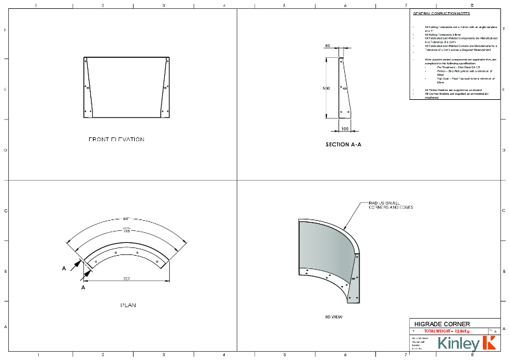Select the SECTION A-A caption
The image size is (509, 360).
(x=344, y=145)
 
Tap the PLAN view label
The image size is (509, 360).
(x=128, y=305)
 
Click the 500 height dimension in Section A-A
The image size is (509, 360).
(x=326, y=88)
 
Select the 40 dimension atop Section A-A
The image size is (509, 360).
(x=327, y=46)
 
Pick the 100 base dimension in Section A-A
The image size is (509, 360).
(x=344, y=128)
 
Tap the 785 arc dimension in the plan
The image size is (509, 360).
(x=127, y=231)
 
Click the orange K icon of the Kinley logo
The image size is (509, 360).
(x=489, y=343)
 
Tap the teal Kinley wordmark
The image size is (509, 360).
(x=458, y=344)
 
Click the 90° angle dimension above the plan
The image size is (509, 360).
(x=127, y=219)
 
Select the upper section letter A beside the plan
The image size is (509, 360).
(x=64, y=268)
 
